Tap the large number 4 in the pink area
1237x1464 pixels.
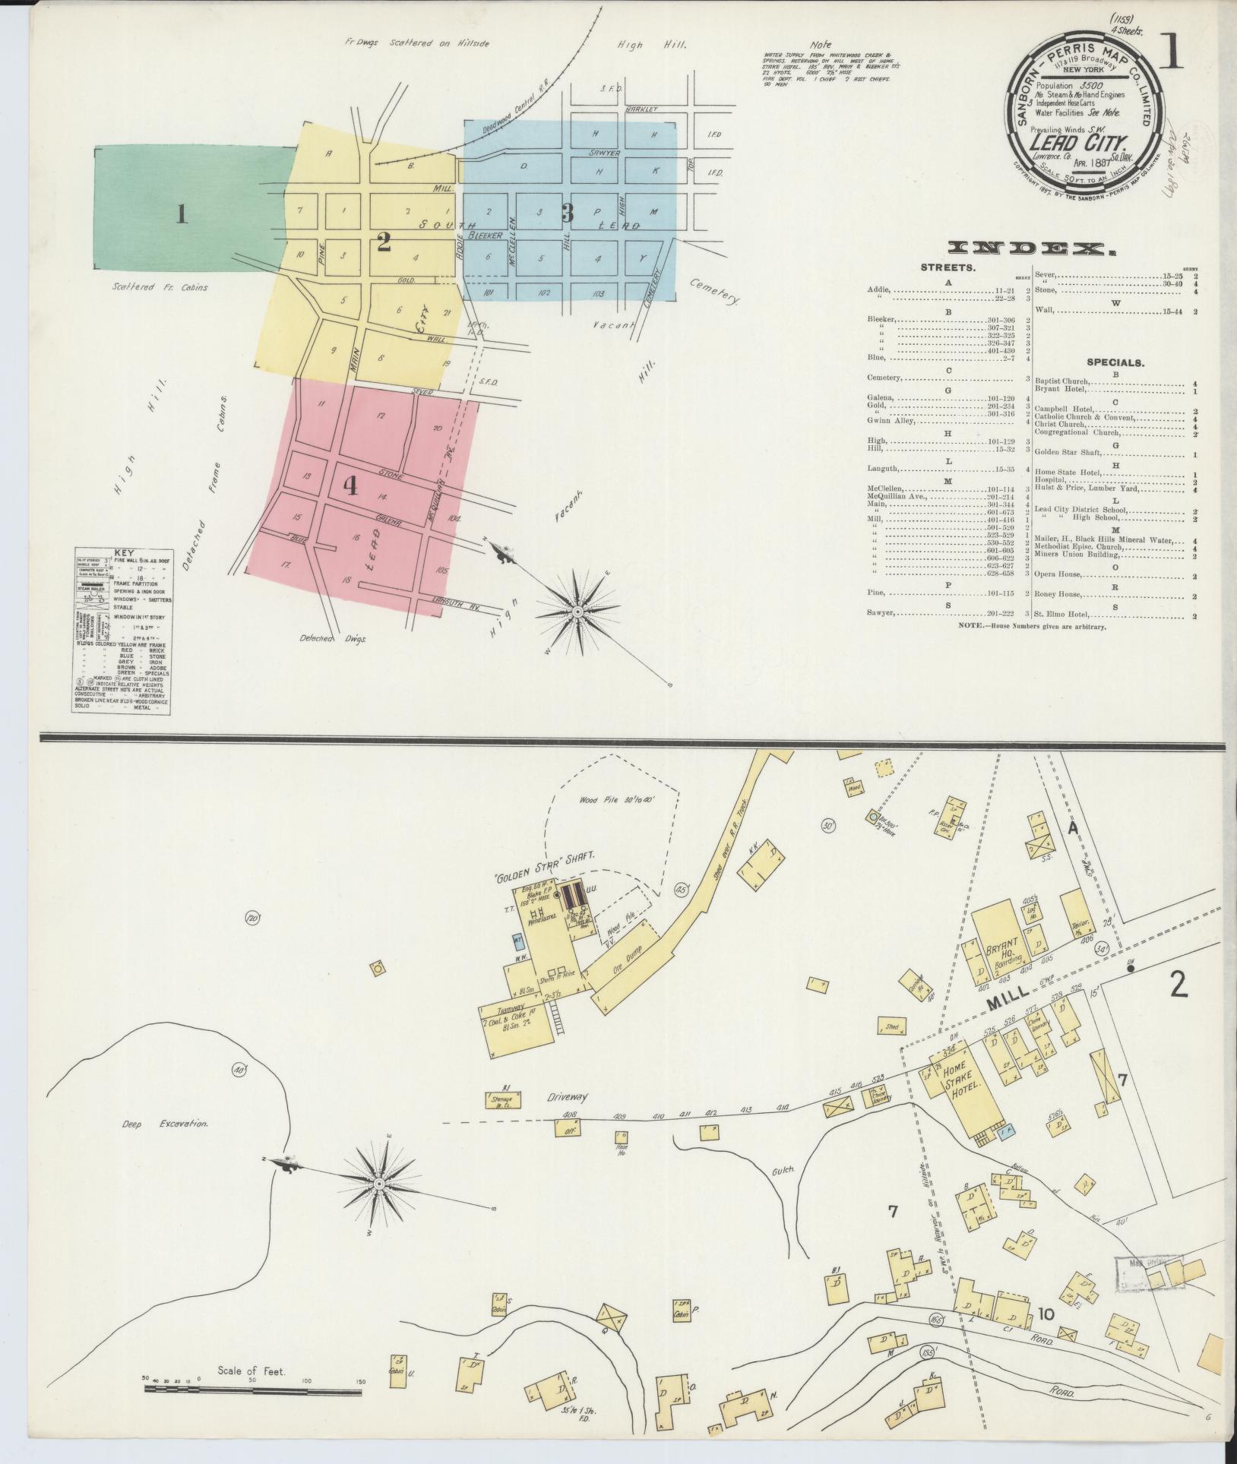pyautogui.click(x=350, y=485)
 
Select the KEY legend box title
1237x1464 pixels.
pyautogui.click(x=122, y=554)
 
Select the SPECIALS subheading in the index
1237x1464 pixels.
pyautogui.click(x=1115, y=362)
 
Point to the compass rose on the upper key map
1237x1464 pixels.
pyautogui.click(x=577, y=612)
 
